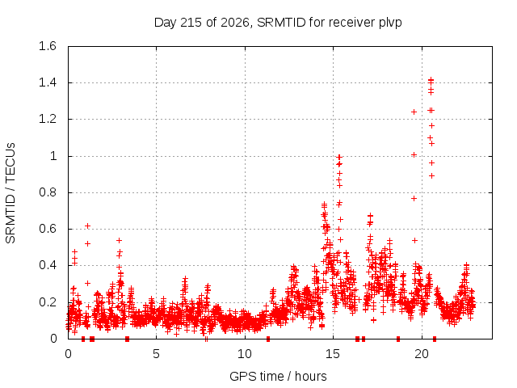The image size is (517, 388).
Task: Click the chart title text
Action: [x=278, y=23]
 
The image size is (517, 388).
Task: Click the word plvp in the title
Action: [x=390, y=23]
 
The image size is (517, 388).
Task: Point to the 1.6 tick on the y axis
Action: [x=48, y=46]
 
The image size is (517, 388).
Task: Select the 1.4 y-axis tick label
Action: [x=48, y=82]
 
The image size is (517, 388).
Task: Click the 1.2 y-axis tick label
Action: [x=48, y=119]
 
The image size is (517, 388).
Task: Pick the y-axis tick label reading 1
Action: [x=53, y=156]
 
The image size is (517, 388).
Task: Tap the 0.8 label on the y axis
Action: [x=48, y=192]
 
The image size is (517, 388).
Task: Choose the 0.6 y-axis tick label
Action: [x=48, y=229]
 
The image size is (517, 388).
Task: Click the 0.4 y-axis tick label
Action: [x=48, y=265]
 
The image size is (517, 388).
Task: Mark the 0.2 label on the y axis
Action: [x=48, y=302]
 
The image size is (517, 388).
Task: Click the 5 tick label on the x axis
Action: [x=156, y=354]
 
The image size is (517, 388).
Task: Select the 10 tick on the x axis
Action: [x=245, y=354]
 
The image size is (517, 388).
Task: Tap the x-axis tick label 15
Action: [x=333, y=354]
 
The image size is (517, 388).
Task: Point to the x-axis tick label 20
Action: [x=422, y=354]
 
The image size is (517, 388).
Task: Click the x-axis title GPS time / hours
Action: [x=278, y=377]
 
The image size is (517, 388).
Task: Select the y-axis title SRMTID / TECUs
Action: [x=11, y=193]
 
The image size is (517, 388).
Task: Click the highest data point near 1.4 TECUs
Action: [x=431, y=80]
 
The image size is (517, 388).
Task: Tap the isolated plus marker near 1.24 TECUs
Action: [x=414, y=112]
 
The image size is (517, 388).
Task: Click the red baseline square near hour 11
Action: [x=268, y=339]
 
